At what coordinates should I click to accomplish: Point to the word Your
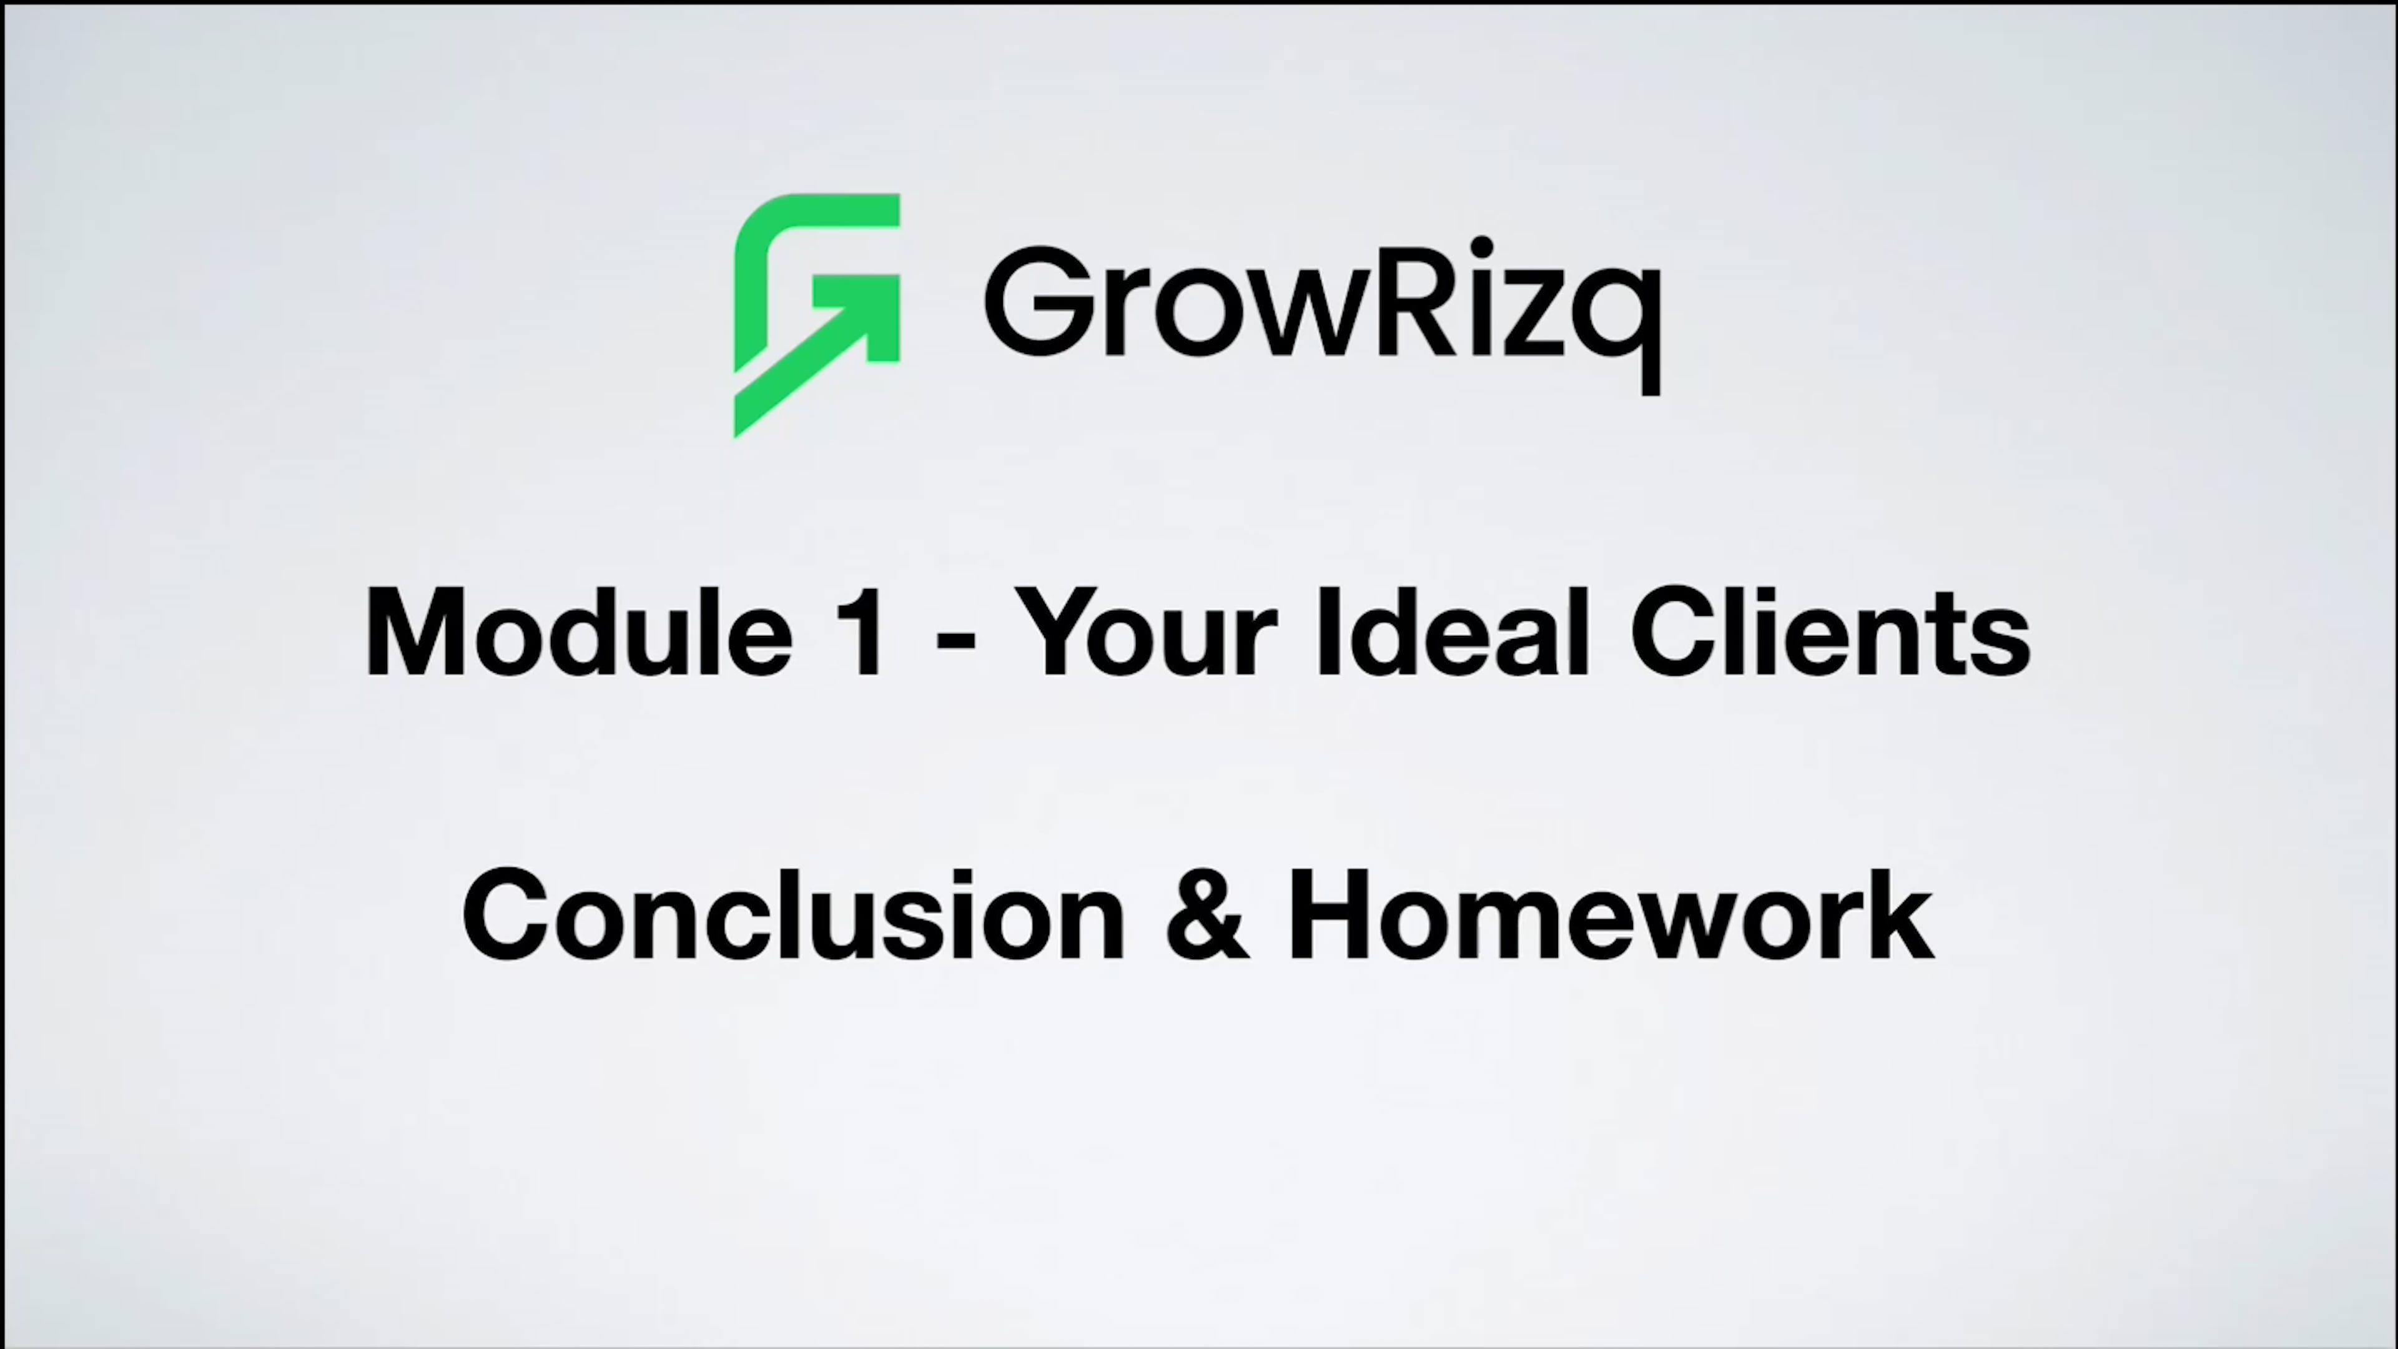(x=1146, y=633)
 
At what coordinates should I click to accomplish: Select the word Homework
(x=1611, y=915)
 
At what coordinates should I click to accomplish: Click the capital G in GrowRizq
(x=1039, y=300)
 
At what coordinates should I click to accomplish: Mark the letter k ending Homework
(x=1905, y=915)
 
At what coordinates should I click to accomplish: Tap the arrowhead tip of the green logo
(x=889, y=284)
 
